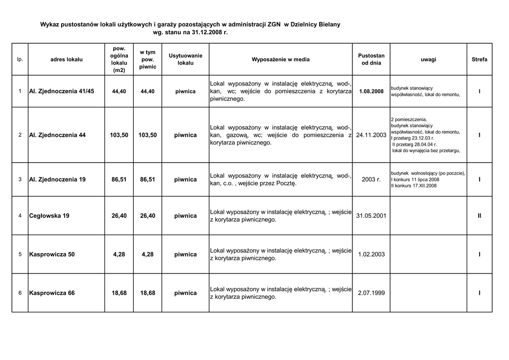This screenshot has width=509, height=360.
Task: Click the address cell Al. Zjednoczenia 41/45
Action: [62, 91]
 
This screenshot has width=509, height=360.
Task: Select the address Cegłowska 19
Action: [49, 216]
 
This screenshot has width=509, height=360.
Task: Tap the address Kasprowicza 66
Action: [52, 293]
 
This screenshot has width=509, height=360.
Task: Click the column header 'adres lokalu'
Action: [67, 60]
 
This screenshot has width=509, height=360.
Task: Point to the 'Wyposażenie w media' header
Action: [280, 60]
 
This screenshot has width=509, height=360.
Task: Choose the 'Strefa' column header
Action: [479, 60]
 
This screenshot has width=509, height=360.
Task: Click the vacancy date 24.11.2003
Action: [371, 135]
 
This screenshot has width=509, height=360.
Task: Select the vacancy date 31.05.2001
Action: [371, 216]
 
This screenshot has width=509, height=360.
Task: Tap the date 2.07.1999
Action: [371, 293]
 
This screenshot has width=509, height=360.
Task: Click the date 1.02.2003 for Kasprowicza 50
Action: [371, 255]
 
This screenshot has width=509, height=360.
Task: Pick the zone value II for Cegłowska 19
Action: [479, 216]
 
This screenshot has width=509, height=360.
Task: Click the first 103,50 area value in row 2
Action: [119, 135]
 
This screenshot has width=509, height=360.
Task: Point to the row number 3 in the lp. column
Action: [20, 179]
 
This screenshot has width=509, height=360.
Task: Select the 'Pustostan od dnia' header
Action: [371, 60]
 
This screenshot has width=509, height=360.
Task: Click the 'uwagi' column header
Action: [428, 60]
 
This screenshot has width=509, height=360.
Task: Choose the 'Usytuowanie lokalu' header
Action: [185, 60]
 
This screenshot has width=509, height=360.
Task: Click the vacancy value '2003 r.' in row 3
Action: [371, 179]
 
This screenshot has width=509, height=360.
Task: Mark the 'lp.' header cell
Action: [20, 60]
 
